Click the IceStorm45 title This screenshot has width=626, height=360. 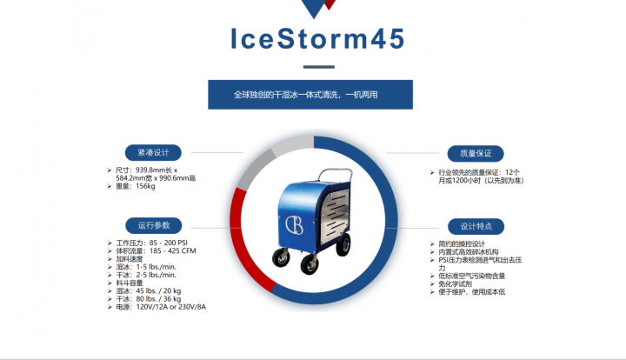click(x=318, y=39)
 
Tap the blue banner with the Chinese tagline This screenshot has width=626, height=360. click(x=310, y=95)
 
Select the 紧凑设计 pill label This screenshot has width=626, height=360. click(x=153, y=152)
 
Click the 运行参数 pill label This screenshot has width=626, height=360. click(x=154, y=225)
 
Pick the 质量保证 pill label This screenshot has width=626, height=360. click(x=476, y=154)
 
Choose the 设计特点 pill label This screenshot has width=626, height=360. click(x=476, y=227)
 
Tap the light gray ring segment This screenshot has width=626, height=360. click(x=292, y=144)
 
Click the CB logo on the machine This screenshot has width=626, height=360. click(x=294, y=225)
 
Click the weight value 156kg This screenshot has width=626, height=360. click(x=145, y=186)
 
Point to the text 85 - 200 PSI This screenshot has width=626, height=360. click(x=169, y=243)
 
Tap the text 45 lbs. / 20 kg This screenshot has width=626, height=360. click(x=158, y=290)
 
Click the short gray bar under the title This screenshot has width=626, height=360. click(x=318, y=67)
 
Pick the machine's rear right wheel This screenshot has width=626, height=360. click(x=343, y=244)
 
